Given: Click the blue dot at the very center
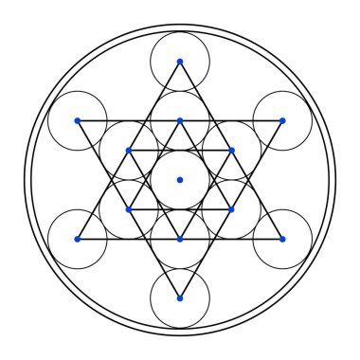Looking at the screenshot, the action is coord(180,180).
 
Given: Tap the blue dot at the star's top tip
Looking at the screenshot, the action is coord(180,62).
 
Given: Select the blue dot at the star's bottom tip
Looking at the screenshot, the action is coord(180,298).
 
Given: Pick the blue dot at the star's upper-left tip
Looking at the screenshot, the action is coord(78,120).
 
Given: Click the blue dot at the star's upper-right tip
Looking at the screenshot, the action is coord(282,120).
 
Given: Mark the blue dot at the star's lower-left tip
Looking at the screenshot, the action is coord(78,239).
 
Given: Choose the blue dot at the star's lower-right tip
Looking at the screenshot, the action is coord(282,239).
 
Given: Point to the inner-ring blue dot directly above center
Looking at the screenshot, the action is coord(180,120).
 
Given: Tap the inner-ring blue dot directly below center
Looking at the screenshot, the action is coord(180,239).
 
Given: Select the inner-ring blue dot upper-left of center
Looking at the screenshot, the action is coord(129,151).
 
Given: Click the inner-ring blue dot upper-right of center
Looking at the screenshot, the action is coord(231,151).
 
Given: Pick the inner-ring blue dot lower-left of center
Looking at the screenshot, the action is coord(129,209).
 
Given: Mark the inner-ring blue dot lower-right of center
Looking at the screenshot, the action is coord(231,209).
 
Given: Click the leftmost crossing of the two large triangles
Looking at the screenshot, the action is coord(112,180).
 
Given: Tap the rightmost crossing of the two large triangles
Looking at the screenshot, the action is coord(248,180).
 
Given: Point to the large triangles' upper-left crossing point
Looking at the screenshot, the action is coord(146,120).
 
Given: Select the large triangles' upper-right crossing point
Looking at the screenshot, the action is coord(214,120).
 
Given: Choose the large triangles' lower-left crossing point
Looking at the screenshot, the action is coord(146,239).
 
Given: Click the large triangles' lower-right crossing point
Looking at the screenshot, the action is coord(214,239).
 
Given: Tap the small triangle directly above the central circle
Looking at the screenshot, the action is coord(180,140).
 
